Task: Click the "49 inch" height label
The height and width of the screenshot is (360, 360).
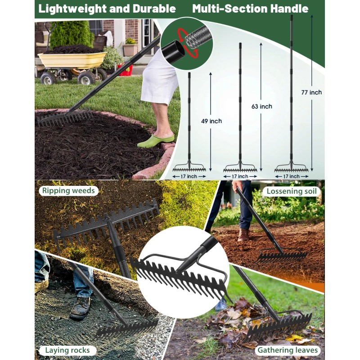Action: click(x=211, y=121)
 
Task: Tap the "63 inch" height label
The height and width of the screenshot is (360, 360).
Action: click(x=262, y=107)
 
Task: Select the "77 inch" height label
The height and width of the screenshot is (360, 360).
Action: click(x=311, y=92)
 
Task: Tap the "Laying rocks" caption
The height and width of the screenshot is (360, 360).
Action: click(x=67, y=350)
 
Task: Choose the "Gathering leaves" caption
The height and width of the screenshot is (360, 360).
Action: click(x=288, y=350)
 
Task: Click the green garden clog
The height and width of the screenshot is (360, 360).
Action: click(x=155, y=140)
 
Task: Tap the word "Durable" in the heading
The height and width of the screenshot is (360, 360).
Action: click(x=153, y=8)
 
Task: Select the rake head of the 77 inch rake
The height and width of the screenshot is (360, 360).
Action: click(x=292, y=169)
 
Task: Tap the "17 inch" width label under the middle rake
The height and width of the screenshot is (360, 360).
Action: click(x=240, y=176)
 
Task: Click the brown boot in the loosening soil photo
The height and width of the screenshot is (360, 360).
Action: click(x=243, y=234)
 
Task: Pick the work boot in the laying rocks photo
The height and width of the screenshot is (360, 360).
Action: click(x=80, y=309)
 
